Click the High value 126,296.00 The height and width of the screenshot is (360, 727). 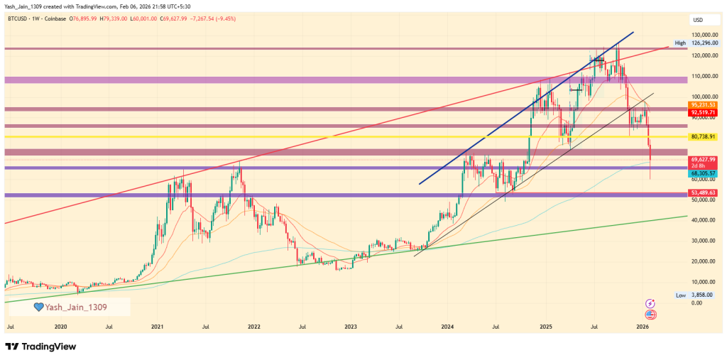pos(708,43)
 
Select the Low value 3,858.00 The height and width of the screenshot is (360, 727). pos(703,295)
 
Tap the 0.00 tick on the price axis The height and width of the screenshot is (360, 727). pos(697,302)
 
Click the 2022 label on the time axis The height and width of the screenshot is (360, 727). pos(253,327)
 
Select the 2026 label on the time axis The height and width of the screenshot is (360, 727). pos(642,327)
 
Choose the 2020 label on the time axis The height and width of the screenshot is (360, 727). pos(60,327)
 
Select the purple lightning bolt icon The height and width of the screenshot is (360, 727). pos(650,303)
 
